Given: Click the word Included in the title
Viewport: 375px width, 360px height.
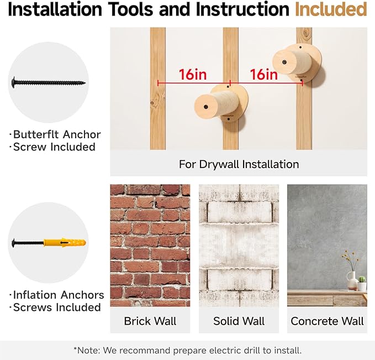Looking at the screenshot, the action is pyautogui.click(x=331, y=9).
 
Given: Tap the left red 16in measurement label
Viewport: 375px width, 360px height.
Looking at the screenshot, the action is pyautogui.click(x=193, y=74).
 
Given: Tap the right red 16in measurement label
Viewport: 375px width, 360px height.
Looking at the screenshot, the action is pyautogui.click(x=264, y=74).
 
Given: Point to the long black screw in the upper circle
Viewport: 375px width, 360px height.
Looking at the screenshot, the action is pyautogui.click(x=49, y=82).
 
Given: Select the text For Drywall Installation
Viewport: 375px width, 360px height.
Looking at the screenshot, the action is pyautogui.click(x=239, y=164).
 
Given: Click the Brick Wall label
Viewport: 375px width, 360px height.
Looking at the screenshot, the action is pyautogui.click(x=150, y=321).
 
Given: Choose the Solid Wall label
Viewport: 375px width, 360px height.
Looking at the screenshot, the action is pyautogui.click(x=239, y=321).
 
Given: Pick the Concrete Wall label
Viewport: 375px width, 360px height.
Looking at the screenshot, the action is pyautogui.click(x=327, y=321).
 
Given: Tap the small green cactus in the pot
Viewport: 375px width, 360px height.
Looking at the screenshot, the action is pyautogui.click(x=362, y=279).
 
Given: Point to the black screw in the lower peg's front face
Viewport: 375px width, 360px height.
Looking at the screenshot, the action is pyautogui.click(x=205, y=107).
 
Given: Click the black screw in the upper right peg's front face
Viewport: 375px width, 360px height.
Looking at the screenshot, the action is pyautogui.click(x=284, y=62).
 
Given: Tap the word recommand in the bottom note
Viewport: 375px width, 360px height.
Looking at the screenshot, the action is pyautogui.click(x=145, y=351).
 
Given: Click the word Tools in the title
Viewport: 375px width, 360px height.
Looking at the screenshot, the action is pyautogui.click(x=130, y=9).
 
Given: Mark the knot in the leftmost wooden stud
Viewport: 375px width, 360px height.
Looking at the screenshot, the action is pyautogui.click(x=152, y=103).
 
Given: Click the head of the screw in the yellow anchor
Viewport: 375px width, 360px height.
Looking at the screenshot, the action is pyautogui.click(x=13, y=243).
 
